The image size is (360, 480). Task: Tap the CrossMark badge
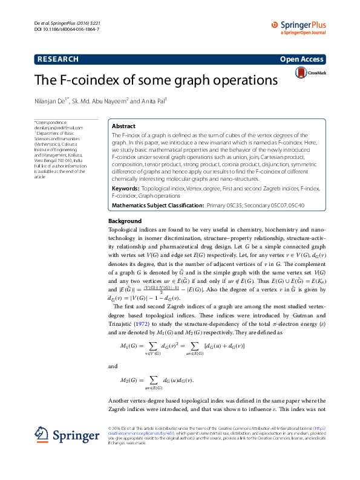coord(310,73)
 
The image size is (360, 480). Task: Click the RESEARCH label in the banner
coord(58,59)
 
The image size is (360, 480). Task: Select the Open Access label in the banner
coord(301,59)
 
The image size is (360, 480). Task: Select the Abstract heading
coord(124,126)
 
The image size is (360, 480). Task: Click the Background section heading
coord(125,221)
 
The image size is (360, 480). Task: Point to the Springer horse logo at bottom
coord(42,434)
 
